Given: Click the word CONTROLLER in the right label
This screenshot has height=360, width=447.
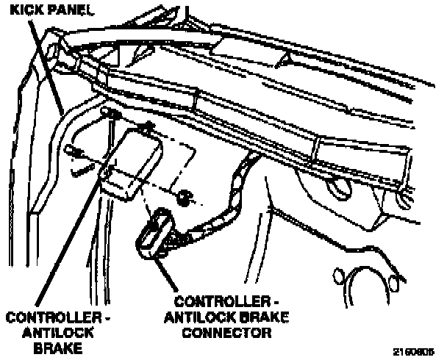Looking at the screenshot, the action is pyautogui.click(x=215, y=302).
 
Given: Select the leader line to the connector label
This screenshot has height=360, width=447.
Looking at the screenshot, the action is pyautogui.click(x=166, y=272).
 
